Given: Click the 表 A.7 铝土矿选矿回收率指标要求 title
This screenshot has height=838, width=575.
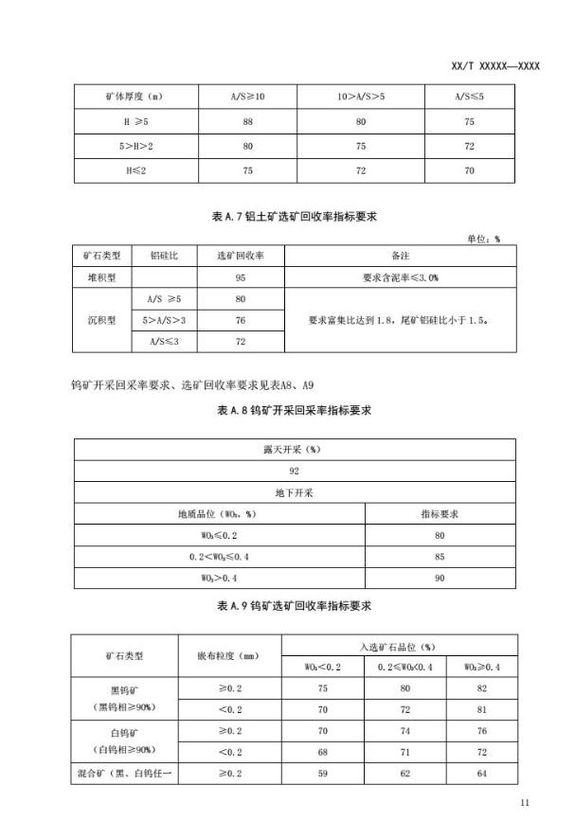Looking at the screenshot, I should [294, 217].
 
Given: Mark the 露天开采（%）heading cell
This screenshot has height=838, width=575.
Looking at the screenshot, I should [294, 450].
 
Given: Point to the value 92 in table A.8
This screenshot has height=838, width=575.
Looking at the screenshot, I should [294, 471].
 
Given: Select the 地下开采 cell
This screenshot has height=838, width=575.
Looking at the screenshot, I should [294, 492].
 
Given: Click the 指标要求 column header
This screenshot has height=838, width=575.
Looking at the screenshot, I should [440, 514].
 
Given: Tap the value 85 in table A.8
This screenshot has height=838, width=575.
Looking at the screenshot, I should [440, 556].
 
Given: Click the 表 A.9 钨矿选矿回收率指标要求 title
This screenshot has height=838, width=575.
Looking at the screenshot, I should [294, 603].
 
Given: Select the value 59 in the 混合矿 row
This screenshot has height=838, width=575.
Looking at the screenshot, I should [324, 774].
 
